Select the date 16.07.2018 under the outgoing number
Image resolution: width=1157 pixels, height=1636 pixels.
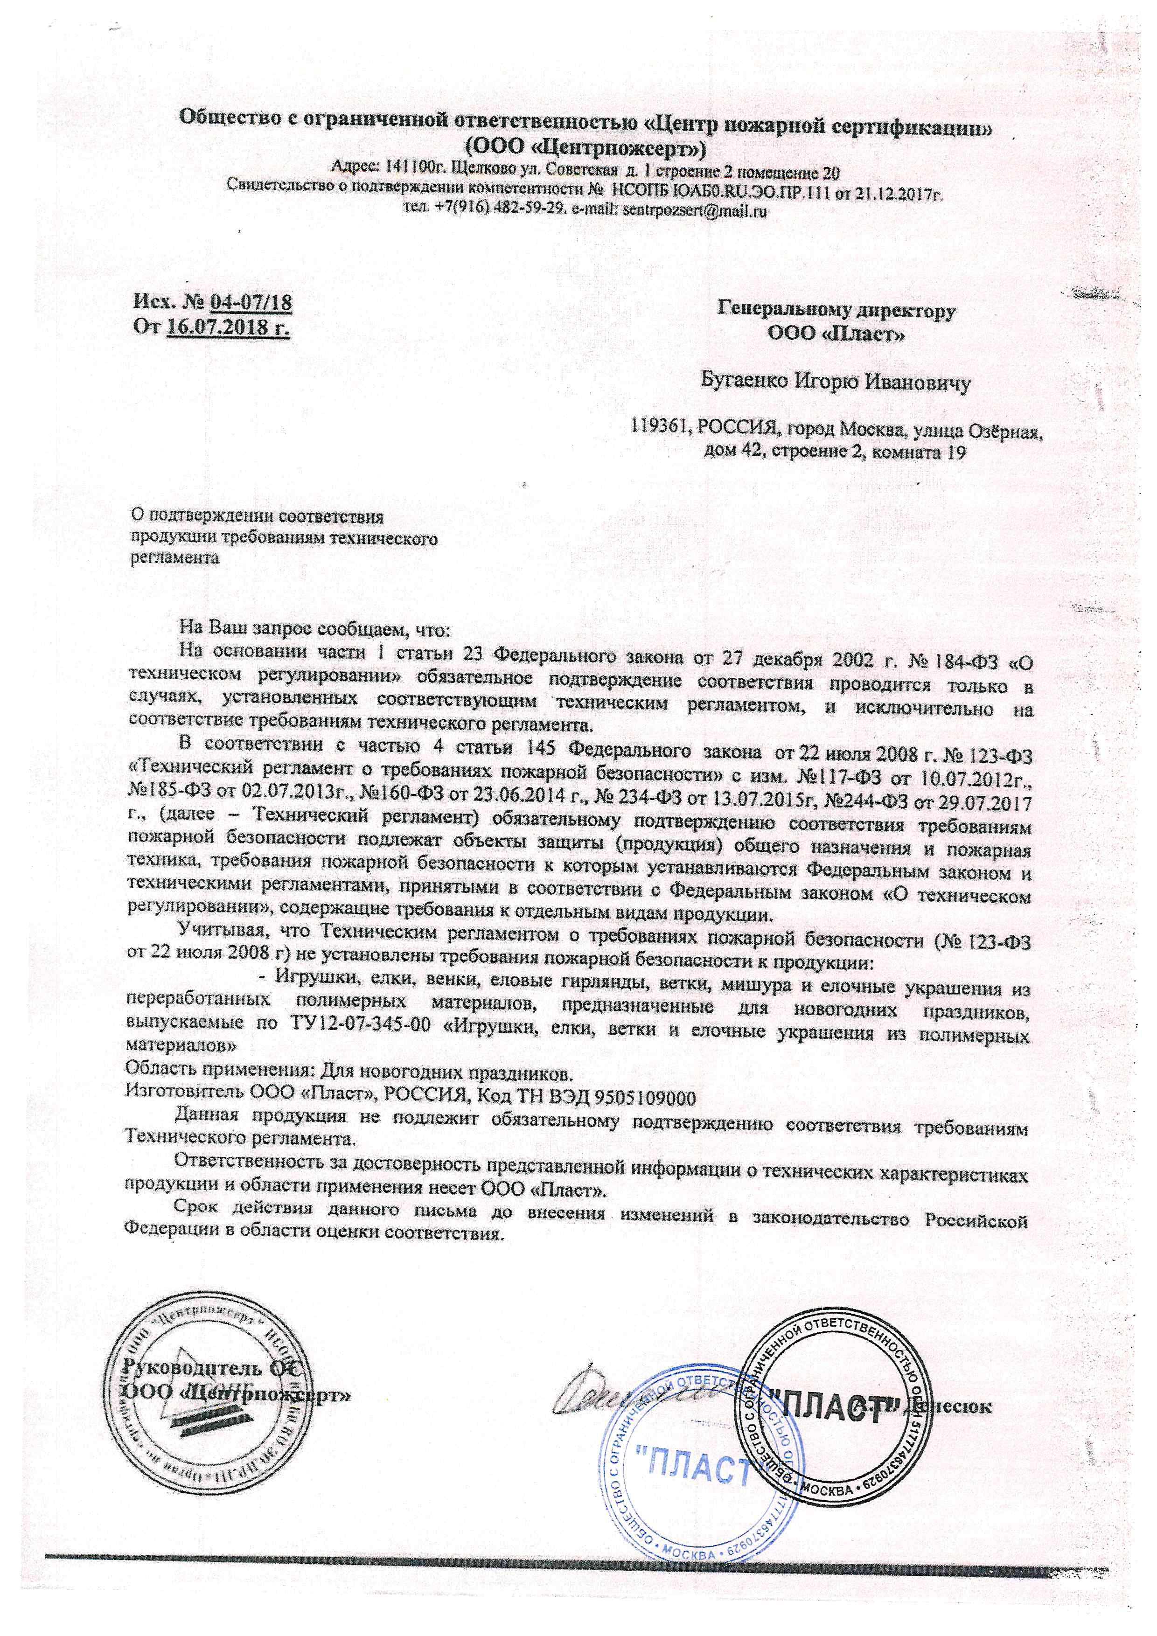[229, 328]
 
